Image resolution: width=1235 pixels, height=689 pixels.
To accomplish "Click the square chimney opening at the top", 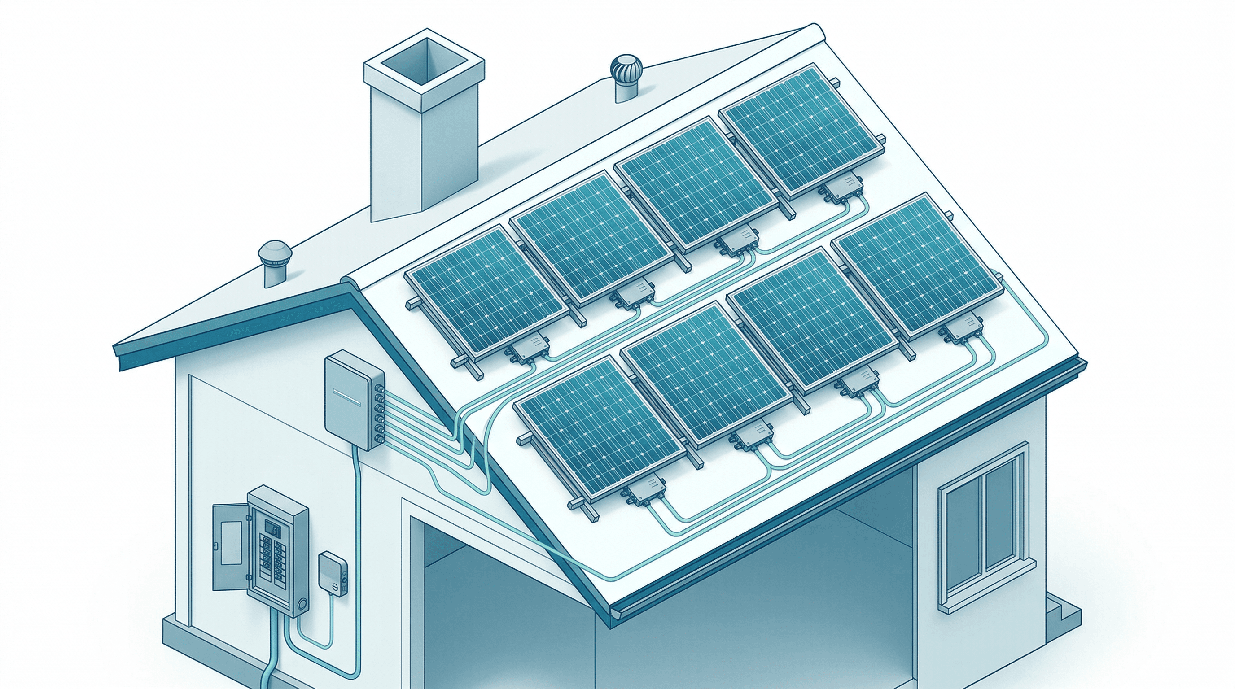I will pyautogui.click(x=424, y=64).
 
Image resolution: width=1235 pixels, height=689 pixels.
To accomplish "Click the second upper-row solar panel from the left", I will pyautogui.click(x=592, y=240).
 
